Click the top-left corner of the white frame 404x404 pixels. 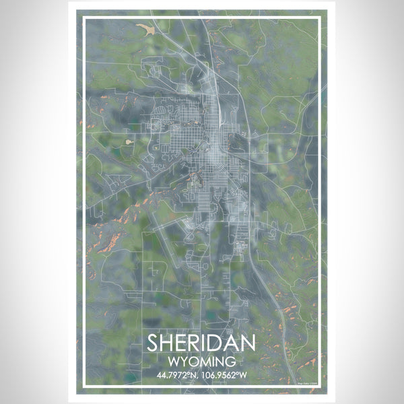(83, 19)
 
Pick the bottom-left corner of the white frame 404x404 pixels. (83, 386)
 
